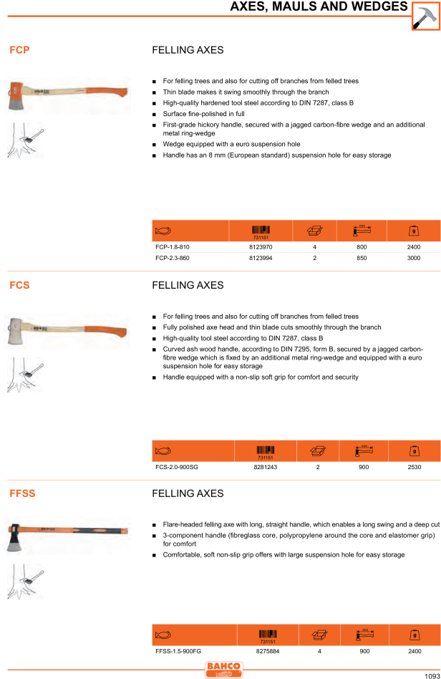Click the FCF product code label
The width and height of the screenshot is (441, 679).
click(x=19, y=50)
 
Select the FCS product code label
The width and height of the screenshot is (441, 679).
click(x=19, y=285)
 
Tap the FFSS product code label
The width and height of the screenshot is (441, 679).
click(x=22, y=493)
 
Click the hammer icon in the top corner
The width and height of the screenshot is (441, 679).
click(x=425, y=15)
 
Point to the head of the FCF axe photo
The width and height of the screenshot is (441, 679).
click(x=17, y=97)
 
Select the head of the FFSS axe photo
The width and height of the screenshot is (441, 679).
click(x=16, y=537)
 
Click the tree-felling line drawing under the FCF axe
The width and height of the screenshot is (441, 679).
click(x=25, y=140)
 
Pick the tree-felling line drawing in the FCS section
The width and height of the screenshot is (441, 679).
click(x=25, y=375)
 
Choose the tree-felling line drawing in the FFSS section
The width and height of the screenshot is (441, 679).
click(x=25, y=582)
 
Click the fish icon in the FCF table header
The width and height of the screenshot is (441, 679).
click(x=163, y=231)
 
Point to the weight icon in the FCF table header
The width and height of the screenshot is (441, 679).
click(x=412, y=231)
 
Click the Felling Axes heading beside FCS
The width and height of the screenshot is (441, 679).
click(x=188, y=285)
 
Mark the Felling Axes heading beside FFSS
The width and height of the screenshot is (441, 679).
click(x=188, y=493)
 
